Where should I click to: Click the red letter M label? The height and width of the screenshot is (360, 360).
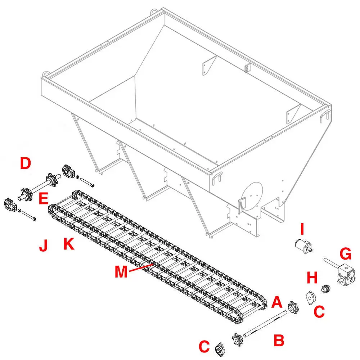pos(121,271)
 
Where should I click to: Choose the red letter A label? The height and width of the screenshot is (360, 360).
pos(276,302)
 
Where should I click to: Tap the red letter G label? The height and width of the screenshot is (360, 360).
pos(345,255)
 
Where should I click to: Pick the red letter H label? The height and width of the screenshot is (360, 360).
pos(312,278)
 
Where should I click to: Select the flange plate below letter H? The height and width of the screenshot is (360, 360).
pos(310,297)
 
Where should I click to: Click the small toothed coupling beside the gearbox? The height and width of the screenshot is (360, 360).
pos(326,289)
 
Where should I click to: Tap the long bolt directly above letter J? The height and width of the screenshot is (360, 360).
pos(29,216)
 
